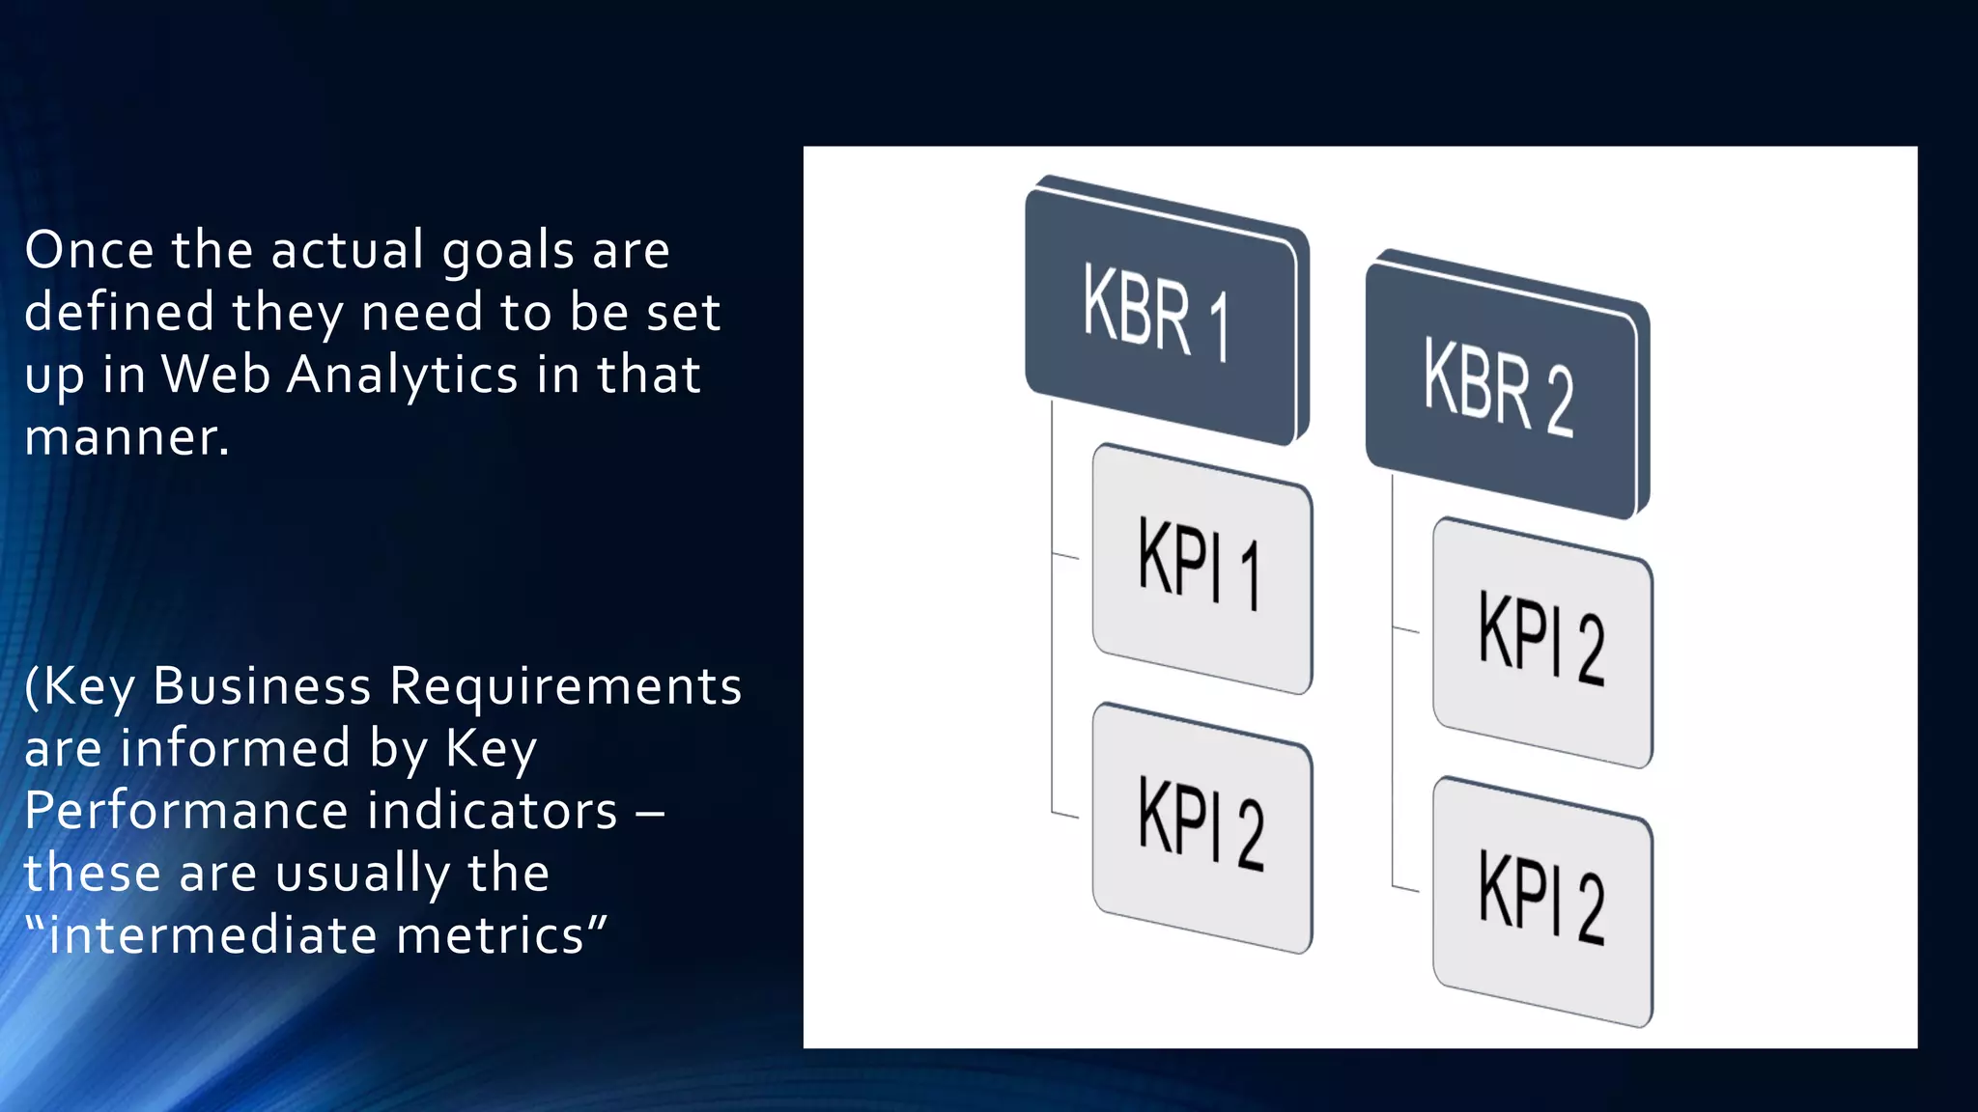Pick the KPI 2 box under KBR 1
[1201, 828]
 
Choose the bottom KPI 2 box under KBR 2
[1542, 902]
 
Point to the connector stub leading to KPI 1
[1065, 556]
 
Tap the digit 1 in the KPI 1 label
[1251, 576]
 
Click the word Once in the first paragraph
[89, 250]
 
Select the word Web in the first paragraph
[215, 375]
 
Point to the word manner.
[126, 437]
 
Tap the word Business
[262, 686]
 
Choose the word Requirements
[565, 688]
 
